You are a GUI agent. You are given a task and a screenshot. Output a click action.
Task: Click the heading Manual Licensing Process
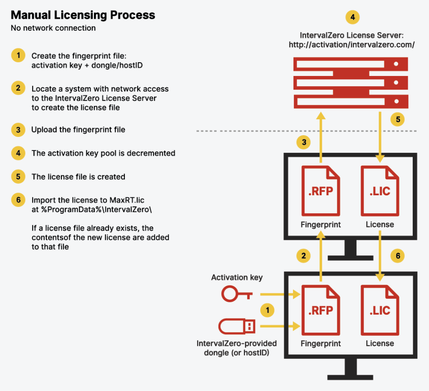[83, 15]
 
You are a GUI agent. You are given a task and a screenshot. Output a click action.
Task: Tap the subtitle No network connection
[53, 28]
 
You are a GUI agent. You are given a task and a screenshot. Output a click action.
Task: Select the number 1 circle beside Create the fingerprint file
[18, 56]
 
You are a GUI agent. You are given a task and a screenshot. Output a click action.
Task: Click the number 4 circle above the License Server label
[352, 17]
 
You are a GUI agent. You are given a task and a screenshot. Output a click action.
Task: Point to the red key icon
[237, 293]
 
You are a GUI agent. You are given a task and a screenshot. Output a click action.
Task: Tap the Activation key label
[237, 277]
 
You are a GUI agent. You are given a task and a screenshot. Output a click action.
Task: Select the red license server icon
[351, 84]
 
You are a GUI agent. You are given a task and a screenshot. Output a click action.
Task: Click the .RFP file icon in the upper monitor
[320, 191]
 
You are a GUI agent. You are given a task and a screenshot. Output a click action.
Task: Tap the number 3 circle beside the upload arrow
[304, 142]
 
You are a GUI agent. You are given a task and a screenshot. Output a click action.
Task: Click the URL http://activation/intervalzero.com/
[352, 45]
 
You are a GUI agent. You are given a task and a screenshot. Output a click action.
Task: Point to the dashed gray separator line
[309, 131]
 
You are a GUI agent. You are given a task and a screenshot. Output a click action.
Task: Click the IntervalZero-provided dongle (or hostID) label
[237, 348]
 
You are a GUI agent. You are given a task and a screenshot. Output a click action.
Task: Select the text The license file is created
[78, 177]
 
